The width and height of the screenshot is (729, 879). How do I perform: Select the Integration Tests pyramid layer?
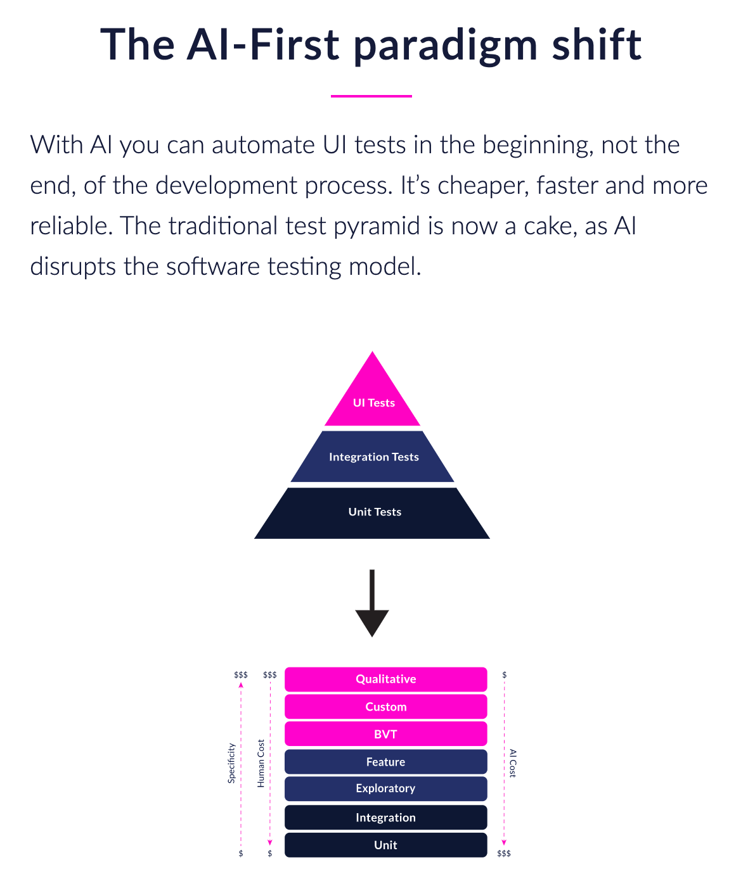pyautogui.click(x=373, y=457)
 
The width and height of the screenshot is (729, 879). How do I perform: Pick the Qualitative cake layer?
pyautogui.click(x=385, y=679)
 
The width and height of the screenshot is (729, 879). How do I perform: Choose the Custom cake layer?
pyautogui.click(x=385, y=707)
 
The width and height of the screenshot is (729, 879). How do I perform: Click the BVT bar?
pyautogui.click(x=385, y=734)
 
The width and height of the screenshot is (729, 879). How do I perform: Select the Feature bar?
pyautogui.click(x=385, y=762)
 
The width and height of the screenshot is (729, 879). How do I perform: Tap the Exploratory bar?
pyautogui.click(x=385, y=788)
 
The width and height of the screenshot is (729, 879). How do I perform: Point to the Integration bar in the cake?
pyautogui.click(x=385, y=818)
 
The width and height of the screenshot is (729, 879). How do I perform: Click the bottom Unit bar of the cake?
pyautogui.click(x=385, y=845)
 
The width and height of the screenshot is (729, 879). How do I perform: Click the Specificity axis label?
pyautogui.click(x=231, y=763)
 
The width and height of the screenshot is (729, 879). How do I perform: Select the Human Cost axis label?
pyautogui.click(x=261, y=763)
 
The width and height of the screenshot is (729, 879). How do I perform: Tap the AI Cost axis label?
pyautogui.click(x=513, y=763)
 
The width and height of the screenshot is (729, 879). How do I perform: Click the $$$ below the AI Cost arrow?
pyautogui.click(x=504, y=854)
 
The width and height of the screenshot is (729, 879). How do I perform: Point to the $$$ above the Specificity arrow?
pyautogui.click(x=241, y=675)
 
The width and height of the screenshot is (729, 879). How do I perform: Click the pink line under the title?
pyautogui.click(x=371, y=96)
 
